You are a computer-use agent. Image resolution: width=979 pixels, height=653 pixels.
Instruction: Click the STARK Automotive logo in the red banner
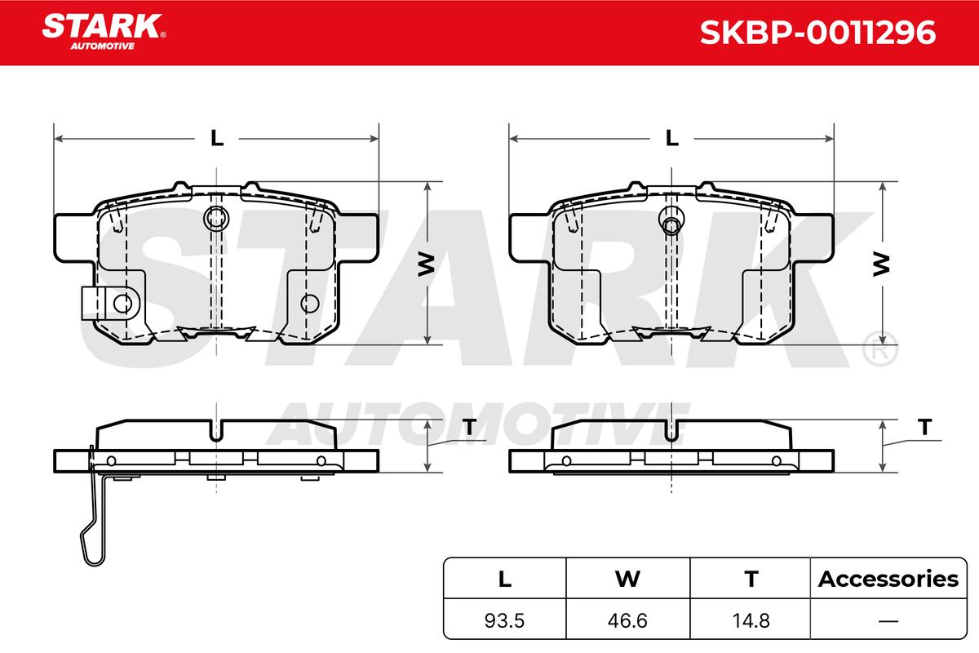(104, 32)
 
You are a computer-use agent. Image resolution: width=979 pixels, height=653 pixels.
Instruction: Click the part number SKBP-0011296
(817, 33)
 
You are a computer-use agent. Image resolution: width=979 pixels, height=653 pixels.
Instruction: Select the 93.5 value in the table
(504, 620)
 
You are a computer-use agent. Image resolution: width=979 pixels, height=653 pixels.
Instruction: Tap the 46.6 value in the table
(627, 620)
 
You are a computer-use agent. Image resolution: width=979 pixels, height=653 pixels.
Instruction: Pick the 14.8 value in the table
(751, 620)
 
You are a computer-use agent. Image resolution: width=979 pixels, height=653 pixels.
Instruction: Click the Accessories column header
(888, 579)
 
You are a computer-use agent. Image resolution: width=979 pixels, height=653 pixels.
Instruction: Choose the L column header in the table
(505, 579)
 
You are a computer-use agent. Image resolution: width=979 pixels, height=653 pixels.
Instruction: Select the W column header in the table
(627, 579)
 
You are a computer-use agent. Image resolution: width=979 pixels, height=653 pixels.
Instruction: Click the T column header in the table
(751, 579)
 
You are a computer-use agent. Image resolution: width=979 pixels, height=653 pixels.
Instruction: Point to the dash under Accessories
(888, 620)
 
